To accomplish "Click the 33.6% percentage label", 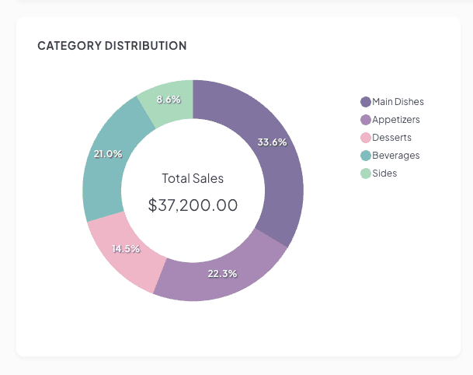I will pos(272,142).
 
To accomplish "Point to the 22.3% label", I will pos(222,274).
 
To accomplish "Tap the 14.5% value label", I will pos(126,249).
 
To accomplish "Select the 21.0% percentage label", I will pos(108,154).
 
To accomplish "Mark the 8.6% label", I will pos(169,100).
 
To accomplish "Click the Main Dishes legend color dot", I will pos(366,102).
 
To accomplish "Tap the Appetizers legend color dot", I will pos(366,120).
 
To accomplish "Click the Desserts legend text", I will pos(391,138).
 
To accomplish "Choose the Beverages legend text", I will pos(395,156).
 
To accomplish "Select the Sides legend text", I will pos(384,173).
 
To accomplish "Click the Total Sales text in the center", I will pos(193,178).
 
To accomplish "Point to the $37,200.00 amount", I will pos(193,205).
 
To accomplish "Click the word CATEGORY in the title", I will pos(68,46).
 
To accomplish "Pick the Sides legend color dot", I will pos(366,173).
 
